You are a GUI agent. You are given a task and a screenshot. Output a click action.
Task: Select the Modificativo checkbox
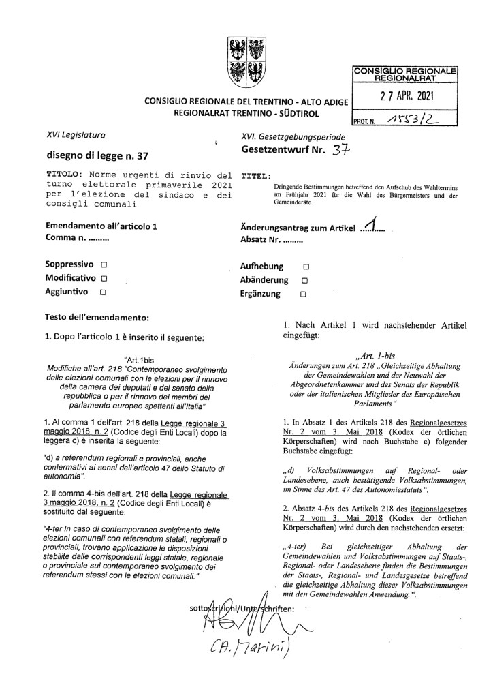104,278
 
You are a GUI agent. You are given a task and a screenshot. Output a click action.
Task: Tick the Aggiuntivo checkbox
103,292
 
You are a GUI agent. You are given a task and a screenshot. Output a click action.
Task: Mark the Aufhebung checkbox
306,266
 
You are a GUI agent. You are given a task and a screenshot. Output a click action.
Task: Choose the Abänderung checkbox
305,280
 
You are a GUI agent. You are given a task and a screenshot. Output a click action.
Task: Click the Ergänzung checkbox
304,294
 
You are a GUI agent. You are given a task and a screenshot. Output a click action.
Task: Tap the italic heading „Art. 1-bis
375,354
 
